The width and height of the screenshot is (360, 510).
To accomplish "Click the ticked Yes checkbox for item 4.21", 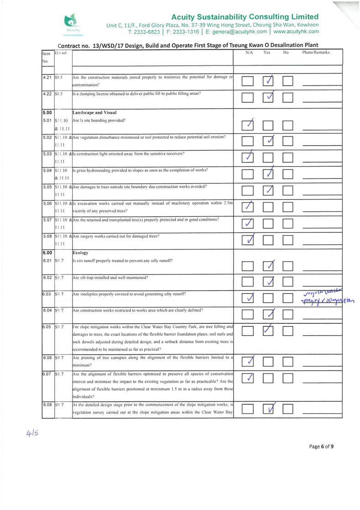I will (270, 81).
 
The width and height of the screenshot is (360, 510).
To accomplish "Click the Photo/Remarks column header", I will (316, 53).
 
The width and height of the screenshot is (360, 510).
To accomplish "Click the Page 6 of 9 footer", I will (321, 447).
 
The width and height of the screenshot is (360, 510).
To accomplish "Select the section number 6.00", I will (47, 252).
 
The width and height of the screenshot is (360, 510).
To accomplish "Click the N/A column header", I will (249, 53).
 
